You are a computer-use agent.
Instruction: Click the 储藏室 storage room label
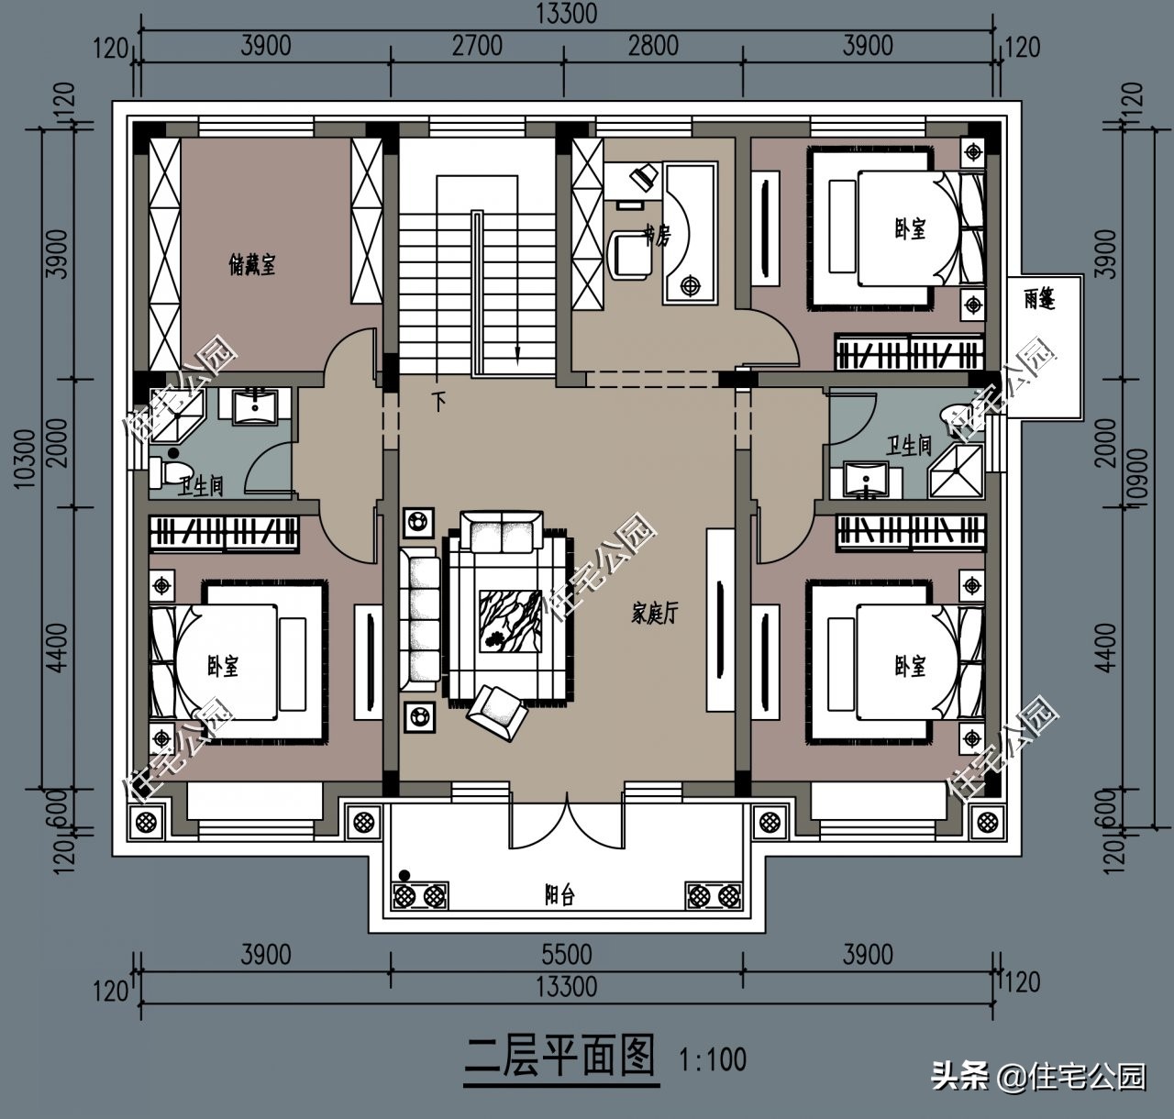point(252,265)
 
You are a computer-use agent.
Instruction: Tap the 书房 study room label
point(657,236)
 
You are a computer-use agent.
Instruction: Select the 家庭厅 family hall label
point(655,614)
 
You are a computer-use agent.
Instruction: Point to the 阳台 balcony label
point(559,894)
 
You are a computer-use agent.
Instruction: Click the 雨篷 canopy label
point(1040,299)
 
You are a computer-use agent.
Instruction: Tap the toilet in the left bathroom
point(166,471)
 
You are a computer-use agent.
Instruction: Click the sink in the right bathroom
point(862,479)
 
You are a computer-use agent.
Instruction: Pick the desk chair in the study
point(631,254)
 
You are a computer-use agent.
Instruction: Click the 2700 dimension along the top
point(477,46)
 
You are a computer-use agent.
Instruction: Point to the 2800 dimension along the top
point(653,46)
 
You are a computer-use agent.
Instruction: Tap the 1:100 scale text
point(713,1060)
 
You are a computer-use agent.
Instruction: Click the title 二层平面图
point(560,1057)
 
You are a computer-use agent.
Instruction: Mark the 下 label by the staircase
point(440,401)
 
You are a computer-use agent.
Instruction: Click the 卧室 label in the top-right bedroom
point(911,228)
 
